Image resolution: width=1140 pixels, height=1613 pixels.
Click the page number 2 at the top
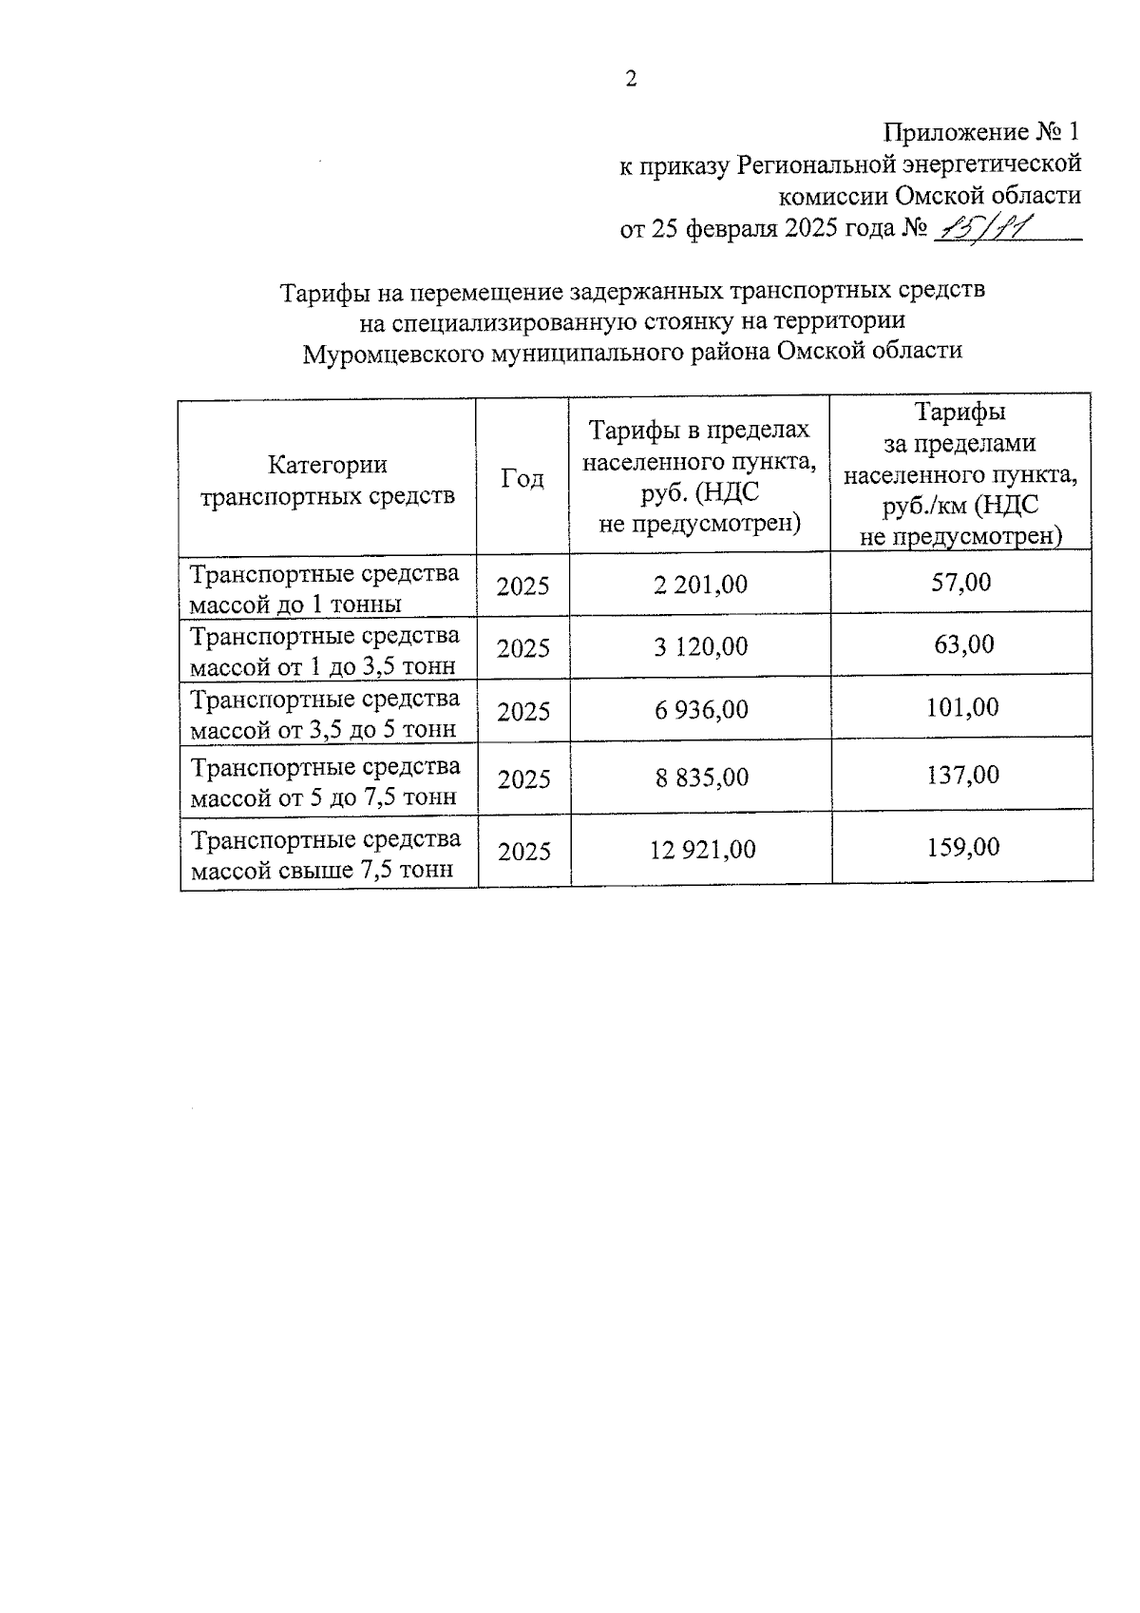(631, 79)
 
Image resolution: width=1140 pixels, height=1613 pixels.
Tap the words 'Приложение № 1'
(983, 131)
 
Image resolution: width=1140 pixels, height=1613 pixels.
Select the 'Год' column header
(522, 478)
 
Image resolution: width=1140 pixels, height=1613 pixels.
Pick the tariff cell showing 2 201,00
(700, 584)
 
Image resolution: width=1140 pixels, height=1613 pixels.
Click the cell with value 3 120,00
(700, 646)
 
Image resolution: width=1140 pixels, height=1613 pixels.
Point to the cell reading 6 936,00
(700, 709)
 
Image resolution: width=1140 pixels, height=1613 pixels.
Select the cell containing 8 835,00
(701, 778)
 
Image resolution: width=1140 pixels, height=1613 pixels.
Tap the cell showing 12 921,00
(702, 849)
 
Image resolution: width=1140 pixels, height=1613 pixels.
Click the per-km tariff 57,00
(960, 582)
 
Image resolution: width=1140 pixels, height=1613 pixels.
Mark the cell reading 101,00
(962, 707)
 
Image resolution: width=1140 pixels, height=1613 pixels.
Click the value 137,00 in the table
(962, 776)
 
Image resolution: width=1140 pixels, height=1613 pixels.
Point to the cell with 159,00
(963, 846)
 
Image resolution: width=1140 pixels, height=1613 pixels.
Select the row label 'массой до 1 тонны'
(295, 605)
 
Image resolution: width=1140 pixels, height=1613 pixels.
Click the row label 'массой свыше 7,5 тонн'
(321, 870)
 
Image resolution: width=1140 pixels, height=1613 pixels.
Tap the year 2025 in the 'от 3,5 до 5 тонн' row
(523, 711)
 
